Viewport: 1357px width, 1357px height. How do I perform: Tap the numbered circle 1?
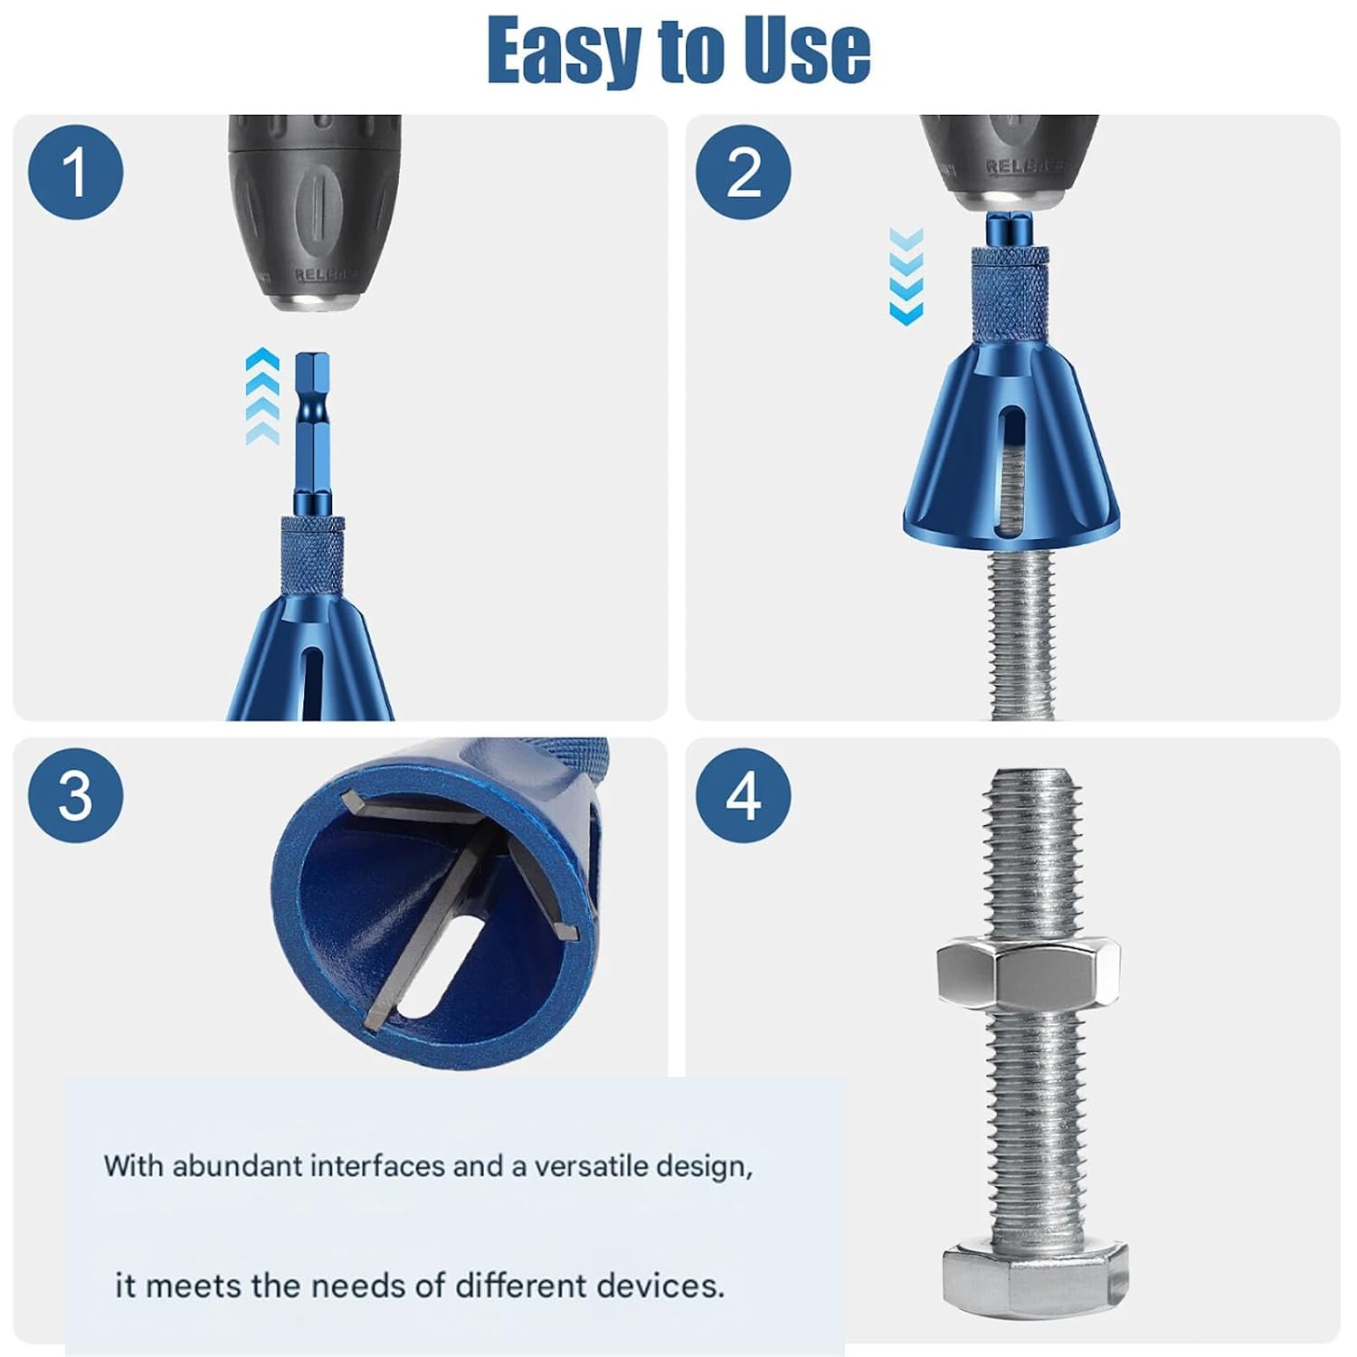75,172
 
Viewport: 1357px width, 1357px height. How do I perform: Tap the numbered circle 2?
744,172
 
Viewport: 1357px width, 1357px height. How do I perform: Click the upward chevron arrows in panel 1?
262,395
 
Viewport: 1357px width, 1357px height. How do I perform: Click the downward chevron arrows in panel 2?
906,276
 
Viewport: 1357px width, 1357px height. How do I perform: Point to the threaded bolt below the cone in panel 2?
1022,633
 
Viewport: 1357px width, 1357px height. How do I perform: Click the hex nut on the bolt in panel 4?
1028,973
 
